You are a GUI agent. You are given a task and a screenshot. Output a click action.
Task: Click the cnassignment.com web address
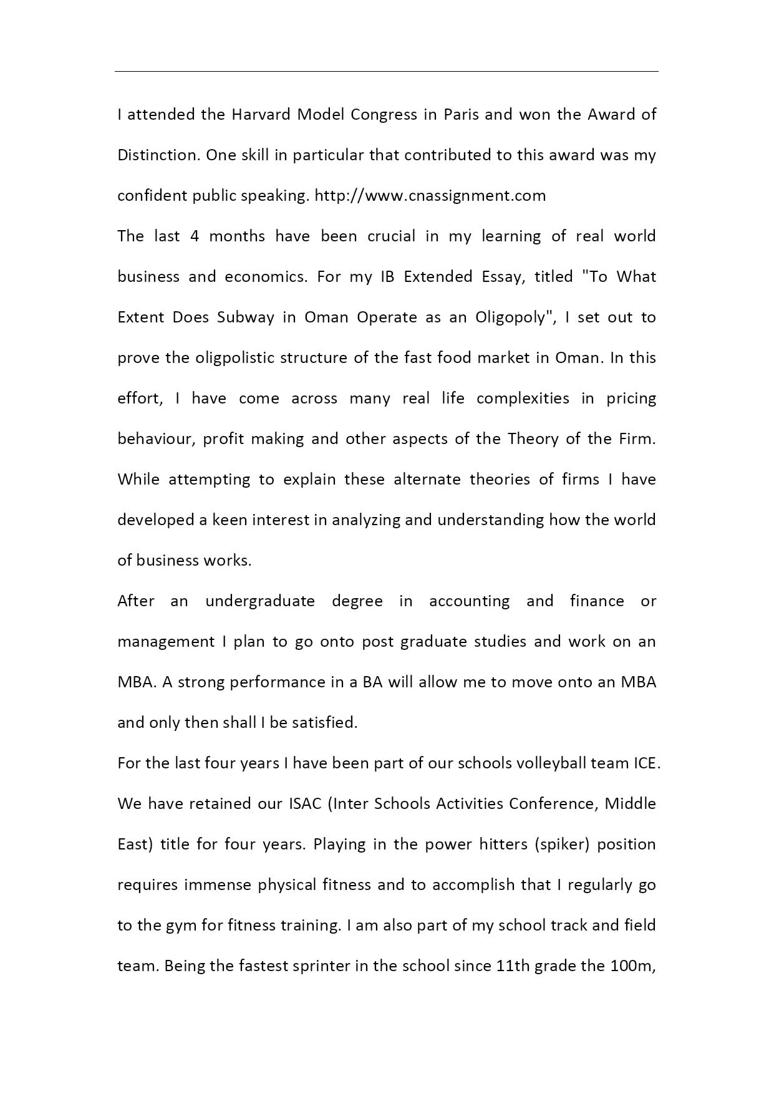point(430,196)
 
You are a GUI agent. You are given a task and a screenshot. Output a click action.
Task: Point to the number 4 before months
point(195,236)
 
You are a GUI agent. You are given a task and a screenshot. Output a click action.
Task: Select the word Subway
point(246,317)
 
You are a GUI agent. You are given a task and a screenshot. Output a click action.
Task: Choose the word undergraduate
point(260,601)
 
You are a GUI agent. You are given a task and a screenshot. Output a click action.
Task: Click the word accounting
point(469,601)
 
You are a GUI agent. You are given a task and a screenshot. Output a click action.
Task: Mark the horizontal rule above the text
point(387,72)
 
